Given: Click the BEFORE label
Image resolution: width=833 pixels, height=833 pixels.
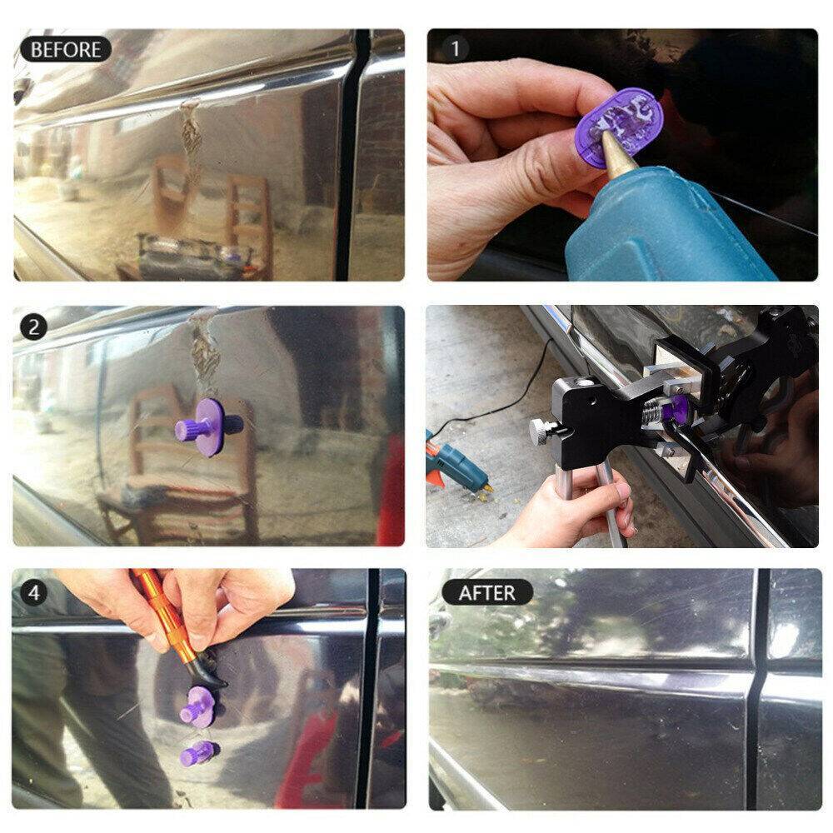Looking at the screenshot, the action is (x=65, y=49).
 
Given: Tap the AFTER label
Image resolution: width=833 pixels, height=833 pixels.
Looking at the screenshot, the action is (x=486, y=592).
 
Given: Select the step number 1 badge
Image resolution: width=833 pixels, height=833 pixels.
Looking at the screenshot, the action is (x=455, y=49).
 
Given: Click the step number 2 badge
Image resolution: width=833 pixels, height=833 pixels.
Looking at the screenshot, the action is (x=33, y=327).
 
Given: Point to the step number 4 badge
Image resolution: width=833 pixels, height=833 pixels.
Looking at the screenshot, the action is (x=33, y=592).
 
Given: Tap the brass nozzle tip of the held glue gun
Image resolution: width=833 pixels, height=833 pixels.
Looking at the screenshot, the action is (x=614, y=157).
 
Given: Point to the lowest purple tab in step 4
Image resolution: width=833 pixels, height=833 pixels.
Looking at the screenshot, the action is (x=198, y=753).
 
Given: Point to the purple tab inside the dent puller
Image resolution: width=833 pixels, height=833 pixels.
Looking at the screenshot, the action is (x=677, y=409).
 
